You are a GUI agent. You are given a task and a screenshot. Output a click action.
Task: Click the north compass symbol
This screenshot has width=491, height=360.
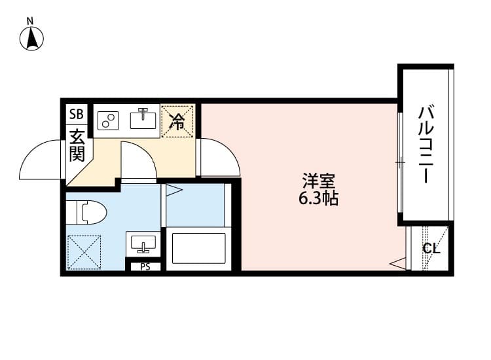tap(31, 37)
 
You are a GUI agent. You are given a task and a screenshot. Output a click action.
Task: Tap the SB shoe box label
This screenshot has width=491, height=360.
tap(77, 114)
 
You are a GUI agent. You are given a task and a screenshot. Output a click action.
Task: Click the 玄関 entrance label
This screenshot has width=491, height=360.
tap(77, 146)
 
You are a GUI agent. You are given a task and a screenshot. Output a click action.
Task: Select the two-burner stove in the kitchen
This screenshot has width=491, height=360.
tap(108, 120)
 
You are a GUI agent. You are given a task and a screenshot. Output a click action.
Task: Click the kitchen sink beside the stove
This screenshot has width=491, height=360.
tap(143, 118)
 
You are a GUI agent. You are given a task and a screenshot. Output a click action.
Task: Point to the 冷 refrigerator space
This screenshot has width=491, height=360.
tap(178, 120)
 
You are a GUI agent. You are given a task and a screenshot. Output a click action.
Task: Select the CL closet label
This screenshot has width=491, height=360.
tap(431, 249)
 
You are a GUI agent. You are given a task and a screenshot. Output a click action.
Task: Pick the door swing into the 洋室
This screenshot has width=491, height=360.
tap(221, 157)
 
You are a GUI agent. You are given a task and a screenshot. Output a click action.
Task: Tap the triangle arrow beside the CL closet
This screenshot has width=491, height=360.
tap(397, 264)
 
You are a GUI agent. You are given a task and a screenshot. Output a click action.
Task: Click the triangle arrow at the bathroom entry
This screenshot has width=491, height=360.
tap(173, 191)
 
